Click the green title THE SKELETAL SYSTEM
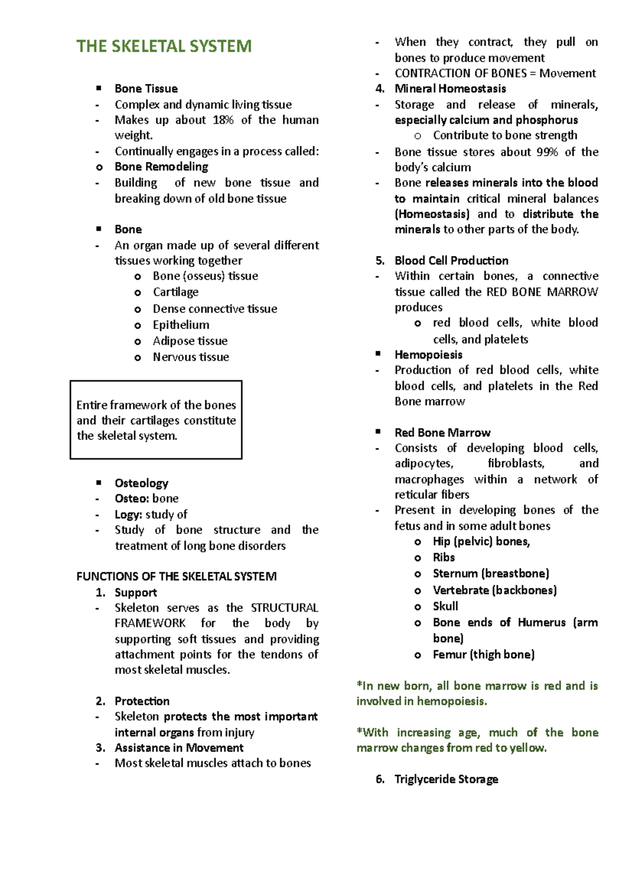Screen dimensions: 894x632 (164, 46)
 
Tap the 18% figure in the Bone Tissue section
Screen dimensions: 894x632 (223, 120)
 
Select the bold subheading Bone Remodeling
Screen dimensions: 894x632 (161, 167)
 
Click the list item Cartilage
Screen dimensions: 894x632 (175, 292)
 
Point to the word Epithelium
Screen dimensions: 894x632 (181, 325)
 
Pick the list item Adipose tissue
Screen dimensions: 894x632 (190, 341)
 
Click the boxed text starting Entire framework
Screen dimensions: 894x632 (156, 420)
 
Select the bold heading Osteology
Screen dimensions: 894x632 (141, 483)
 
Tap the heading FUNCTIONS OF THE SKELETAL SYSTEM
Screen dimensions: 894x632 (176, 577)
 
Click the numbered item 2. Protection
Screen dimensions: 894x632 (142, 701)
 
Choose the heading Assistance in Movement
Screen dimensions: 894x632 (179, 748)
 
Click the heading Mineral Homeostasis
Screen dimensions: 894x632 (450, 89)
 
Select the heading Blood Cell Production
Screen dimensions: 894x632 (451, 261)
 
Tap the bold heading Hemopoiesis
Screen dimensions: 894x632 (428, 355)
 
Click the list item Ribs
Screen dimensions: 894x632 (443, 558)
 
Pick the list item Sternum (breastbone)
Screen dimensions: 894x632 (490, 573)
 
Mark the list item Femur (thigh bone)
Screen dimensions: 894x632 (483, 654)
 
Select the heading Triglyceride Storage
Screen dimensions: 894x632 (446, 779)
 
